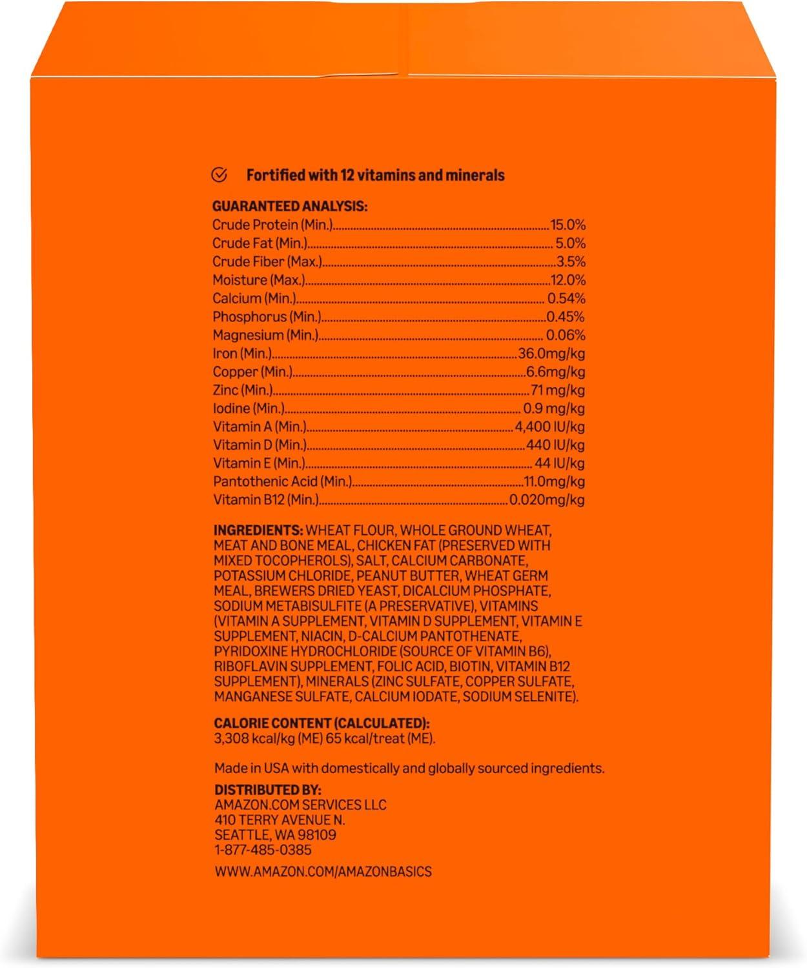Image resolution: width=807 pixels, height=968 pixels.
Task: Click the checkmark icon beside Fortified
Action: pyautogui.click(x=220, y=174)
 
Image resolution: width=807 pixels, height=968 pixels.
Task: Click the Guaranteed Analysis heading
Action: pyautogui.click(x=290, y=207)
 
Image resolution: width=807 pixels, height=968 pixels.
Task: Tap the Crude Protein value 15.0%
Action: pyautogui.click(x=567, y=225)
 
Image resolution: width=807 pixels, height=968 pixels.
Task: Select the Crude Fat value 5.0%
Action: pyautogui.click(x=571, y=243)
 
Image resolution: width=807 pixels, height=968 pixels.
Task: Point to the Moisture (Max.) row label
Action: pyautogui.click(x=258, y=280)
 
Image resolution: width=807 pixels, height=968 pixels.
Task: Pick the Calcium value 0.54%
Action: pyautogui.click(x=566, y=298)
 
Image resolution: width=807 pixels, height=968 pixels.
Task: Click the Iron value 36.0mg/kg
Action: pyautogui.click(x=552, y=354)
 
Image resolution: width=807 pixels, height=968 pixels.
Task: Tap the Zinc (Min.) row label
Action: pyautogui.click(x=243, y=390)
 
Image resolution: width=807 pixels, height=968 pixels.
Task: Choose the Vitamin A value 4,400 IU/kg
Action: pyautogui.click(x=550, y=427)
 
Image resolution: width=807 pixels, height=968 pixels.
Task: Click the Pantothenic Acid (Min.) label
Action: pyautogui.click(x=282, y=481)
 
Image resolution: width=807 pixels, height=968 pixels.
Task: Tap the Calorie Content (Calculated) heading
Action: pyautogui.click(x=322, y=723)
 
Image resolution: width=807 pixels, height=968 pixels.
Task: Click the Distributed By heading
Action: pyautogui.click(x=267, y=790)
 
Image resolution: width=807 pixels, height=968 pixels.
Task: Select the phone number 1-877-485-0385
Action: pyautogui.click(x=263, y=850)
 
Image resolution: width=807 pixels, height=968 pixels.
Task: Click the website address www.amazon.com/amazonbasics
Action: pyautogui.click(x=323, y=871)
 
